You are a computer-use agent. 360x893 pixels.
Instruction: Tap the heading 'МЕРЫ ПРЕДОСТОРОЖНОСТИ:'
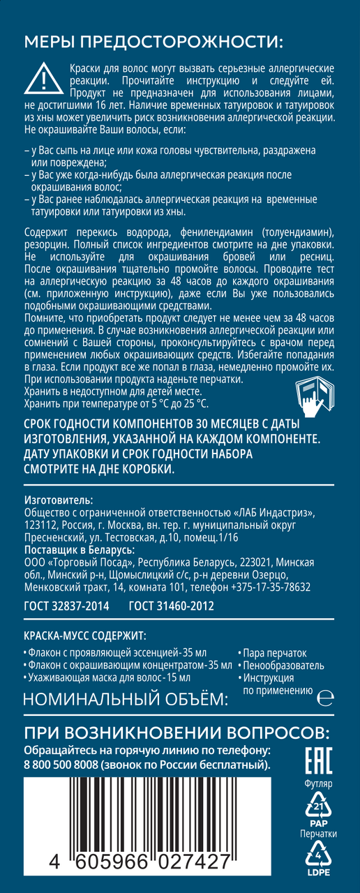154,43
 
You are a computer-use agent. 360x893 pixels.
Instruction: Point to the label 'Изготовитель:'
58,500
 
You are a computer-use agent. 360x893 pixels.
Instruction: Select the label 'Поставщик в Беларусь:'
80,550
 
